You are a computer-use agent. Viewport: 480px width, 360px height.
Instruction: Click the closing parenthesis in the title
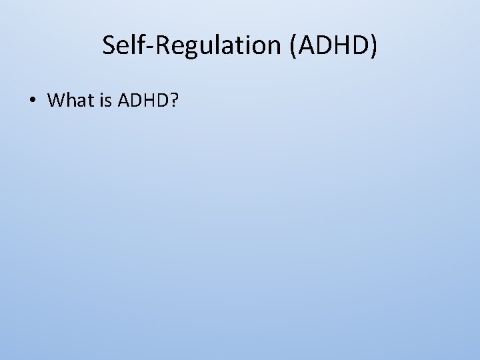373,45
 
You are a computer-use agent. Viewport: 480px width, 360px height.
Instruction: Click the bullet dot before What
32,101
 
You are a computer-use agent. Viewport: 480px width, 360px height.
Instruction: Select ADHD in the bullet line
141,101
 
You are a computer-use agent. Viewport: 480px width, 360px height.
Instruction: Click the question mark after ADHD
174,101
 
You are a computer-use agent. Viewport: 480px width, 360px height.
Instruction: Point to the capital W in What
56,101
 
